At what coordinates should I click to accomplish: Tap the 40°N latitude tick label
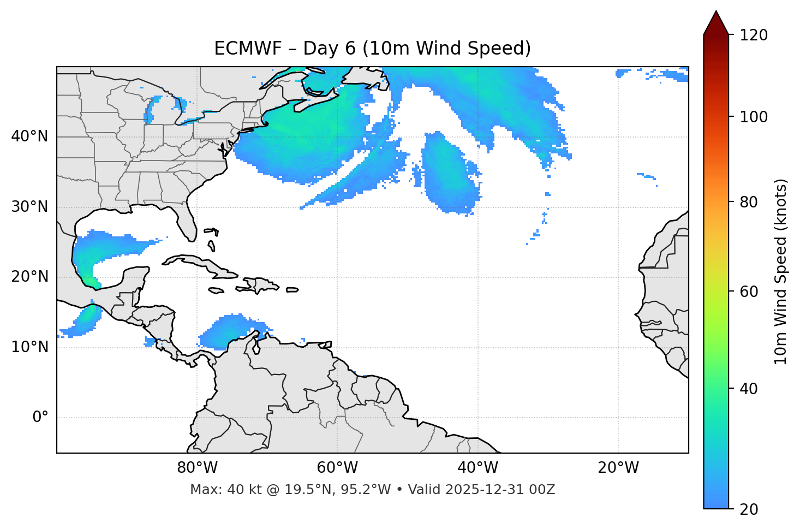(29, 136)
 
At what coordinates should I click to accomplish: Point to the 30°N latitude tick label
(29, 207)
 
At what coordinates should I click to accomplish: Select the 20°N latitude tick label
(29, 277)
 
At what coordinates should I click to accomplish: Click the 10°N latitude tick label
(29, 347)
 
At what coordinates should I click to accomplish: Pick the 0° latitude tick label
(40, 418)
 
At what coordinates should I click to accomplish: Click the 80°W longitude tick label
(197, 468)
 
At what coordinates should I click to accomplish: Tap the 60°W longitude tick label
(337, 468)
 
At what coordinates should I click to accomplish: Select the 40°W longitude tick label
(477, 468)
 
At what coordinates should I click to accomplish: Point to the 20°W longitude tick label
(618, 468)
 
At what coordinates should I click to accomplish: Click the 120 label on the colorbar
(754, 35)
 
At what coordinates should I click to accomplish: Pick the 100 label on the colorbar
(754, 117)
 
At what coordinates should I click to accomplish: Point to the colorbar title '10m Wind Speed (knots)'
(781, 272)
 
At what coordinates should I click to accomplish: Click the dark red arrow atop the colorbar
(716, 23)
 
